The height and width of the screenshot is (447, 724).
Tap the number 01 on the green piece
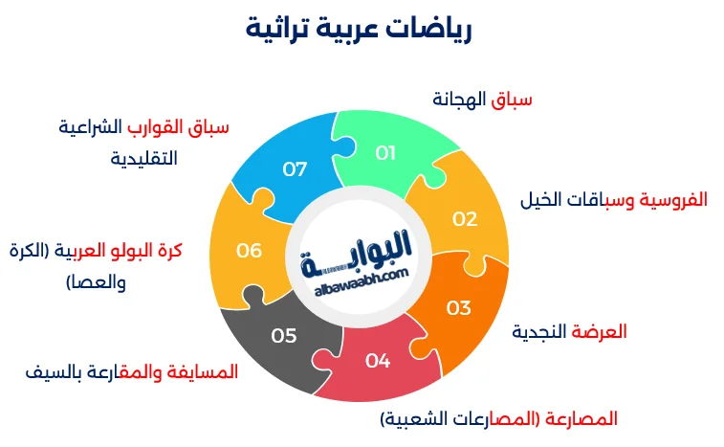click(385, 152)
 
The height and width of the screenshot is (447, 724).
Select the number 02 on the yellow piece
click(465, 218)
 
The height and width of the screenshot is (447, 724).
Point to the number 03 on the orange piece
click(459, 307)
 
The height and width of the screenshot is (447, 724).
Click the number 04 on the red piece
click(378, 361)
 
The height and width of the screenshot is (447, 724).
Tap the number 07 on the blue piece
click(295, 169)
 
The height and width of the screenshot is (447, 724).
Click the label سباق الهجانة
click(482, 99)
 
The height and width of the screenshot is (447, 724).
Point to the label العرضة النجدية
click(569, 331)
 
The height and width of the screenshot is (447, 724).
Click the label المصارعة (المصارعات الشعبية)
click(498, 418)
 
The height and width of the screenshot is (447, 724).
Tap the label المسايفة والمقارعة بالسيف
click(131, 370)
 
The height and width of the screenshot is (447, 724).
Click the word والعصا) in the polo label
click(96, 282)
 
